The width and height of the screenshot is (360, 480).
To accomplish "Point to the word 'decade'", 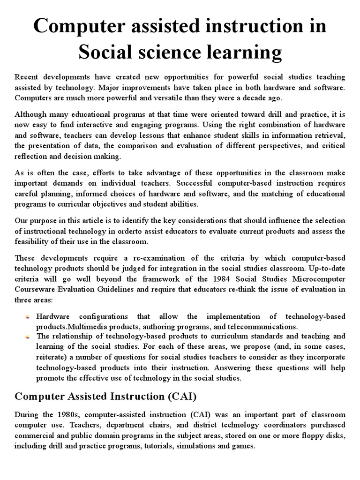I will coord(307,97).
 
